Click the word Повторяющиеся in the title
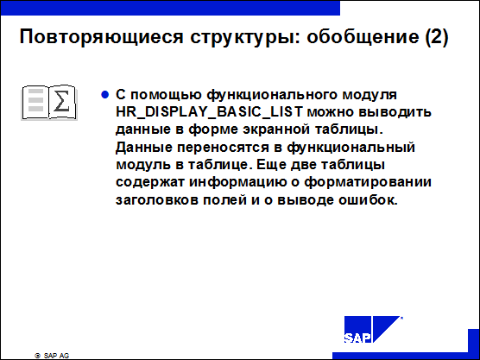tap(101, 37)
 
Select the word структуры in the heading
tap(245, 38)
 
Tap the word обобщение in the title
tap(363, 37)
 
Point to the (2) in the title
tap(437, 37)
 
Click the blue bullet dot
tap(104, 95)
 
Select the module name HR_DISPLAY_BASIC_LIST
tap(210, 112)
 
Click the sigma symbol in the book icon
tap(61, 101)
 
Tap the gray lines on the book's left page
tap(35, 100)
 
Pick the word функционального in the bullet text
tap(271, 95)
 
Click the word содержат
tap(150, 182)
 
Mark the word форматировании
tap(368, 182)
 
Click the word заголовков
tap(157, 200)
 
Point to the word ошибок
tap(368, 200)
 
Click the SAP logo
tap(372, 330)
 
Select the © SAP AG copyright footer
tap(52, 356)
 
